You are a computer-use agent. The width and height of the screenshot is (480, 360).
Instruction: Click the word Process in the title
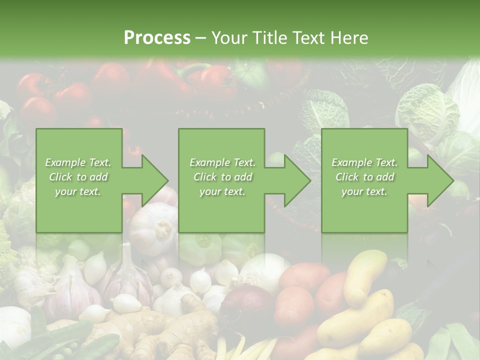tap(157, 38)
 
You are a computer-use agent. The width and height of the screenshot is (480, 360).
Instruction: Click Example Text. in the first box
tap(78, 162)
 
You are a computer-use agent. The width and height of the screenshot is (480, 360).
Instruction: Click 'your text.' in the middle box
tap(222, 191)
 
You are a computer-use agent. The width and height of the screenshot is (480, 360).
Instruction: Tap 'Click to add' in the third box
tap(364, 177)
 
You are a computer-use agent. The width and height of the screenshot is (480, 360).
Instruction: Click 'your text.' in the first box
tap(78, 191)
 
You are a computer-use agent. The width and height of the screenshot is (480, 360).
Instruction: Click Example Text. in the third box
tap(364, 162)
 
